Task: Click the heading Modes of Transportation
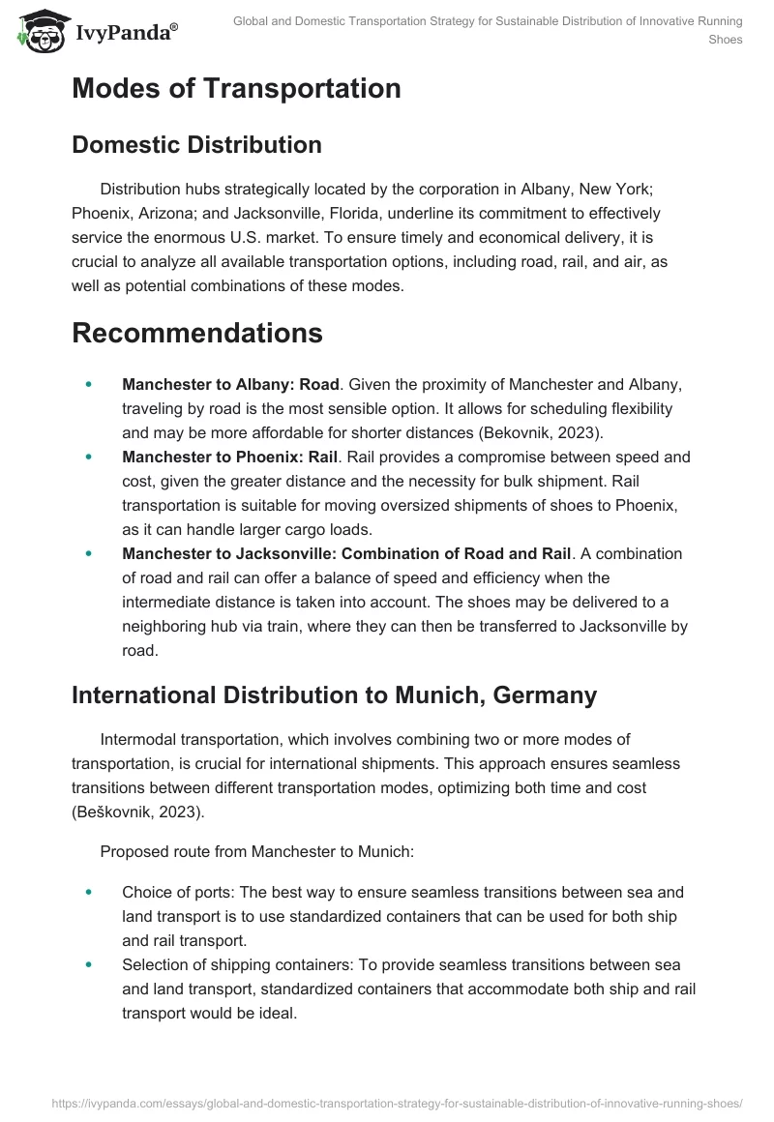coord(236,89)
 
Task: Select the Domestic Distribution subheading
coord(196,145)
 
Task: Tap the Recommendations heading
coord(196,333)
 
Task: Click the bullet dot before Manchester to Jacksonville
coord(89,553)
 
